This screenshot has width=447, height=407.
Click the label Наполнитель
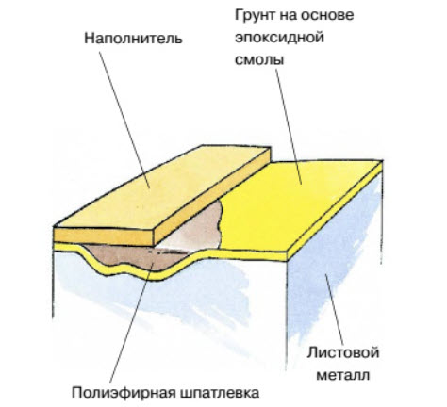(133, 39)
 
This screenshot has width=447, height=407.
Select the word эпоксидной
(279, 38)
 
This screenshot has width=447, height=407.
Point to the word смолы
(259, 59)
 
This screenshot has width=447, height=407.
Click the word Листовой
(343, 352)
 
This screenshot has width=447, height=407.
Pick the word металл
(342, 375)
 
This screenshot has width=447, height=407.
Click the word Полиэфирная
(123, 393)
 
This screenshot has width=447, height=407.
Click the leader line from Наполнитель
(124, 120)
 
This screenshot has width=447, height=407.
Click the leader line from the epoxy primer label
(289, 126)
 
